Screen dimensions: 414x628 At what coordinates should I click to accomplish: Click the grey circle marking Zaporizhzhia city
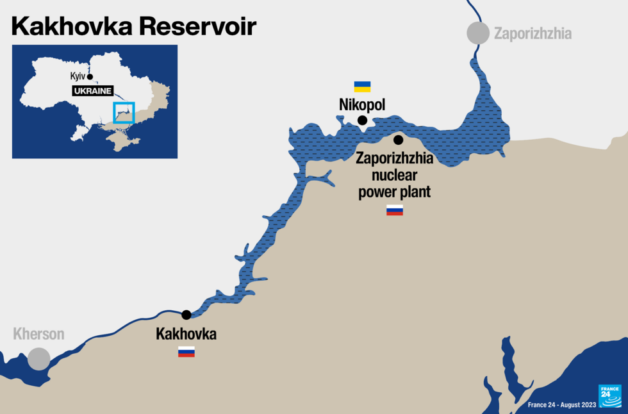click(478, 33)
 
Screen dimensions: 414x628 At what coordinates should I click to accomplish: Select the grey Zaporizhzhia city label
click(533, 33)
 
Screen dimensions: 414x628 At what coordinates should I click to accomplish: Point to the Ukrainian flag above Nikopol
click(363, 87)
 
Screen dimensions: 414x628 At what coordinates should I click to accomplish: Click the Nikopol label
click(362, 104)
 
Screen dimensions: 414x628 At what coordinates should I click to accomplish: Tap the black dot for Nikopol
click(363, 120)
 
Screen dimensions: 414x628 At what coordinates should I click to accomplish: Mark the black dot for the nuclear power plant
click(399, 140)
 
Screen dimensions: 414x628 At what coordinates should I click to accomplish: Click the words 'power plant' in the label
click(394, 192)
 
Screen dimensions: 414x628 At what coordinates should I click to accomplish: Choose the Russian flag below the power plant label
click(395, 210)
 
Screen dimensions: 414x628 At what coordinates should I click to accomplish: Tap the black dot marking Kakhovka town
click(186, 315)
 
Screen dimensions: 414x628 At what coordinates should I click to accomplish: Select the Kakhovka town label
click(186, 334)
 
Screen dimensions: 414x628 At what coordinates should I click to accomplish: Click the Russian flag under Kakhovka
click(186, 351)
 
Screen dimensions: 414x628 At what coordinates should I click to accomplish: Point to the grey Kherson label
click(39, 334)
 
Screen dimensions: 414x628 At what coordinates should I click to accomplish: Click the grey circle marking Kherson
click(39, 358)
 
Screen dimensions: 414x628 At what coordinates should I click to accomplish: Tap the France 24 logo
click(609, 395)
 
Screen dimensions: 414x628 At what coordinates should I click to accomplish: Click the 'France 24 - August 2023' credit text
click(562, 404)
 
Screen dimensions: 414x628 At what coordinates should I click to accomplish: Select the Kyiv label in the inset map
click(78, 76)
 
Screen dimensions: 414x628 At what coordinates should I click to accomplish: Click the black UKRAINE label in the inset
click(92, 91)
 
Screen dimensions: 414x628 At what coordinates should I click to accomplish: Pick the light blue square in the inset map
click(124, 112)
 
